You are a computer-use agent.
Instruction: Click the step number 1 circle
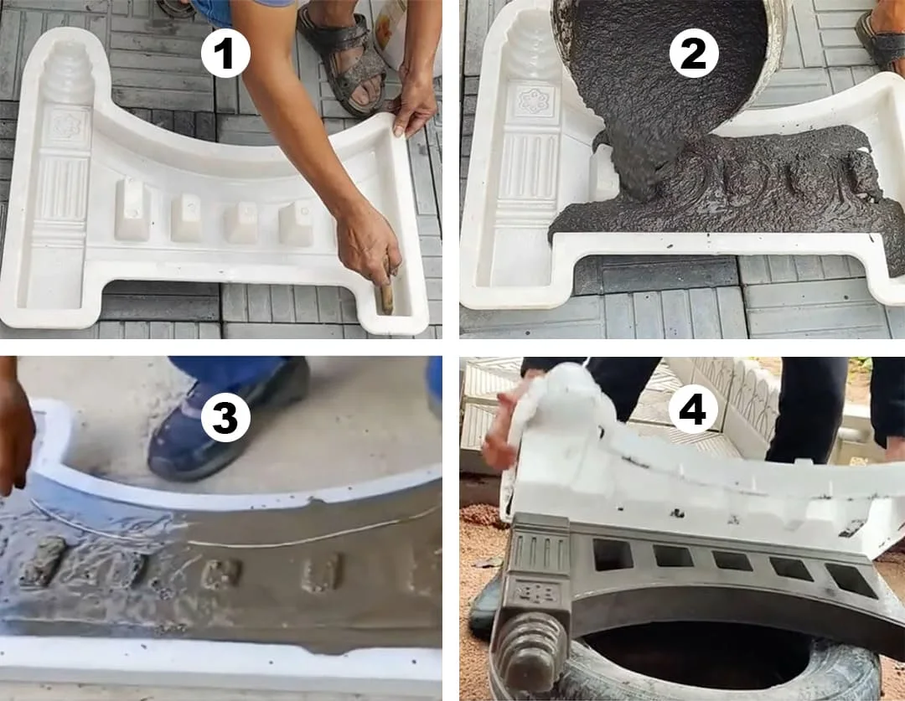click(225, 54)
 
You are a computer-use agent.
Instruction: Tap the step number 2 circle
click(694, 54)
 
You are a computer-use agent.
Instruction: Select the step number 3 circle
click(225, 417)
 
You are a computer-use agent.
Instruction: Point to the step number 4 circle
click(694, 410)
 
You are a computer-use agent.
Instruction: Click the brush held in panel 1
click(385, 288)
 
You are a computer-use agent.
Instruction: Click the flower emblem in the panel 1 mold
click(66, 125)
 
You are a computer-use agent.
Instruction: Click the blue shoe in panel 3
click(228, 420)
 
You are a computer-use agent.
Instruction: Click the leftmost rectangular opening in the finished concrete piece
click(613, 554)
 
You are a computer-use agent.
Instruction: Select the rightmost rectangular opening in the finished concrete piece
click(851, 580)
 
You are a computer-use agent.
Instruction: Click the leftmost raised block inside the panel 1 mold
click(132, 209)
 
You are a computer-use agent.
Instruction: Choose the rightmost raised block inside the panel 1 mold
click(296, 223)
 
